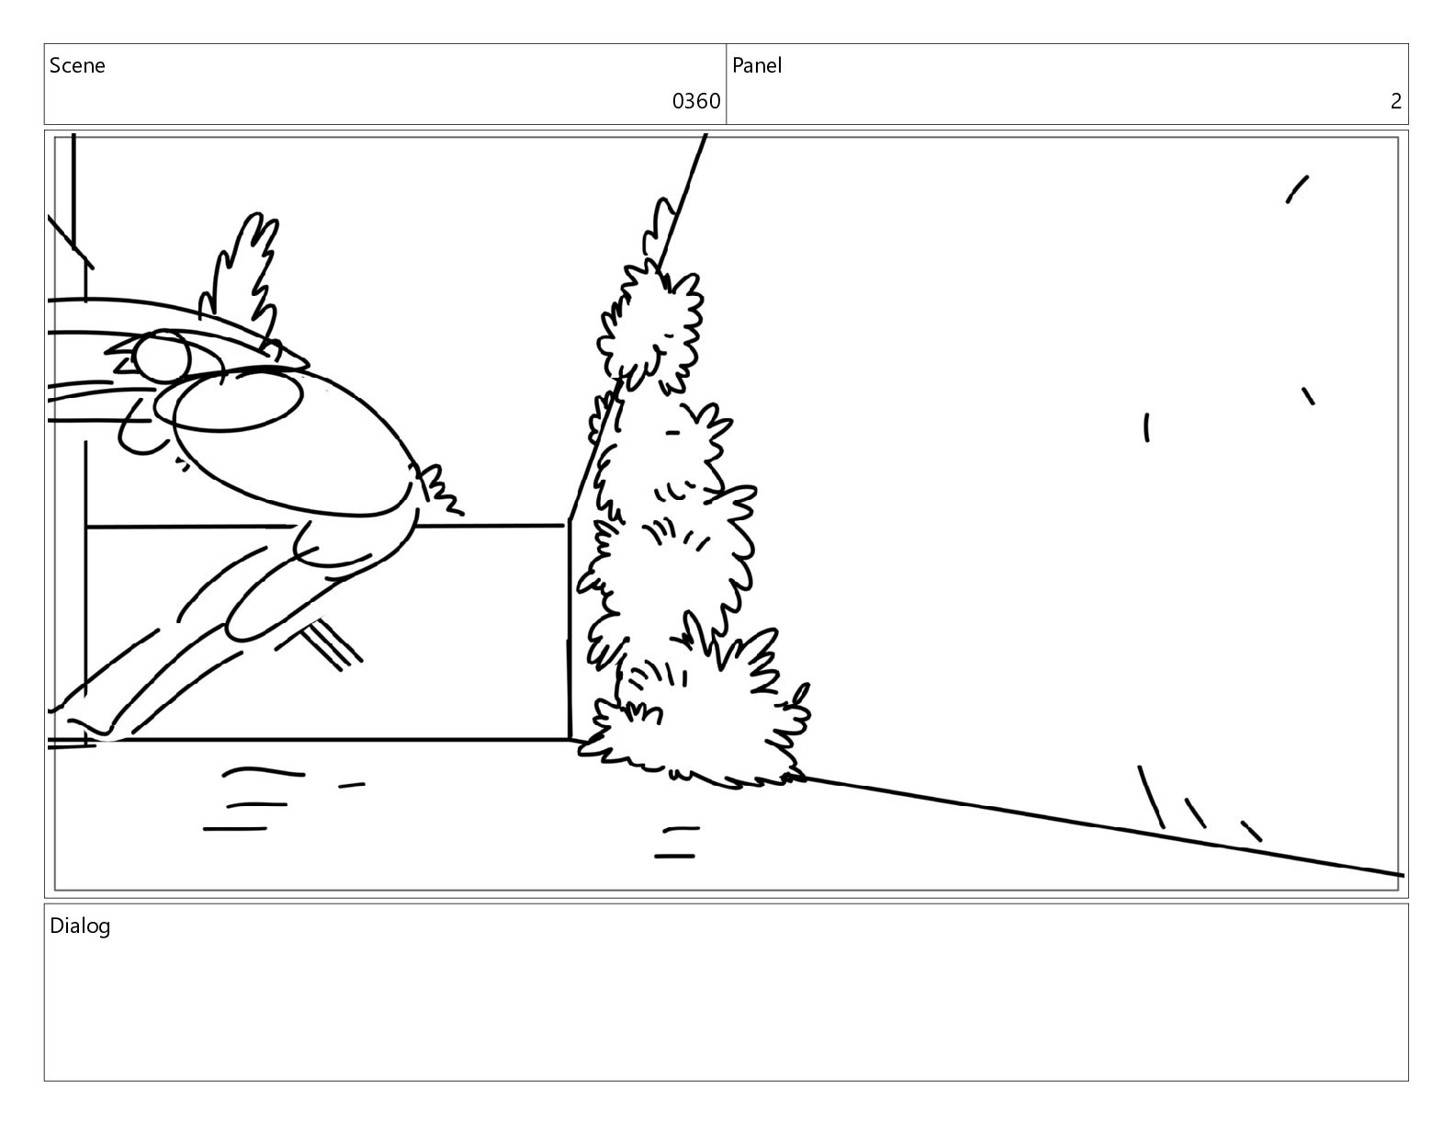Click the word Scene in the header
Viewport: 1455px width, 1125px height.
coord(77,65)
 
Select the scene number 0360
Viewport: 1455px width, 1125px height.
coord(695,101)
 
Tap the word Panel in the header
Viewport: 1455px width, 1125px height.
coord(757,65)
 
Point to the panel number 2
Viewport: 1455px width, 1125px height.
coord(1395,101)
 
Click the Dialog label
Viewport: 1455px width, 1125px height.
coord(80,926)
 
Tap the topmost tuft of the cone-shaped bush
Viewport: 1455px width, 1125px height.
coord(660,228)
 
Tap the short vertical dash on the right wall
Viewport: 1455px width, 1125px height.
coord(1146,427)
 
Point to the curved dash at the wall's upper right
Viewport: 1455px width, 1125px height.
coord(1297,189)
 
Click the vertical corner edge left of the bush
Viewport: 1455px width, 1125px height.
coord(570,630)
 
